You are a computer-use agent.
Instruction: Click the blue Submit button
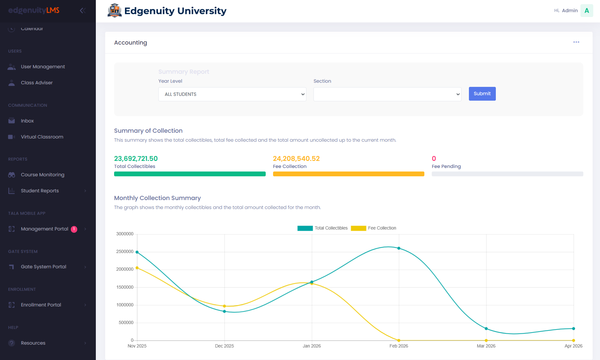(x=482, y=94)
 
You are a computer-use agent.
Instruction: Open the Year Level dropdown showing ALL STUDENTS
(x=232, y=94)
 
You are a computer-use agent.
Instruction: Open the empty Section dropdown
(x=387, y=94)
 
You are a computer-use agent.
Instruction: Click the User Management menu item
(x=43, y=67)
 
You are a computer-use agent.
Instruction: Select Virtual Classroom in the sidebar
(x=42, y=137)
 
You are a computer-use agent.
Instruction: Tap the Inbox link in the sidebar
(x=27, y=121)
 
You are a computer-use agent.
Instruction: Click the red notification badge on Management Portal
(x=74, y=229)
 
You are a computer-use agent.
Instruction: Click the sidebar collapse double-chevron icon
(x=83, y=11)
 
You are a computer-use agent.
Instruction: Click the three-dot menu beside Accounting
(x=576, y=42)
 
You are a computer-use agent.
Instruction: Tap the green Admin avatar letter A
(x=587, y=11)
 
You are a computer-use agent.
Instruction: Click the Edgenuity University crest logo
(x=114, y=11)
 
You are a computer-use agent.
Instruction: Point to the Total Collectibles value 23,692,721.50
(x=136, y=159)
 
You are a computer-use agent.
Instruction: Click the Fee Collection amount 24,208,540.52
(x=296, y=159)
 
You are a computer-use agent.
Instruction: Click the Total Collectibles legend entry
(x=323, y=228)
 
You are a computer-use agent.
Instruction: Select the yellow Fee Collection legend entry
(x=374, y=228)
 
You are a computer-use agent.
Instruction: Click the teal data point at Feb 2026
(x=399, y=248)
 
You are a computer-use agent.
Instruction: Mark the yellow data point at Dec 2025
(x=224, y=306)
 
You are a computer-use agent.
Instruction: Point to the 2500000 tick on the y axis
(x=125, y=252)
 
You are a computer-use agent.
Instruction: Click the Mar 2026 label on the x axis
(x=486, y=346)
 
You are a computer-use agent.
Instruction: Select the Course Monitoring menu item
(x=42, y=175)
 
